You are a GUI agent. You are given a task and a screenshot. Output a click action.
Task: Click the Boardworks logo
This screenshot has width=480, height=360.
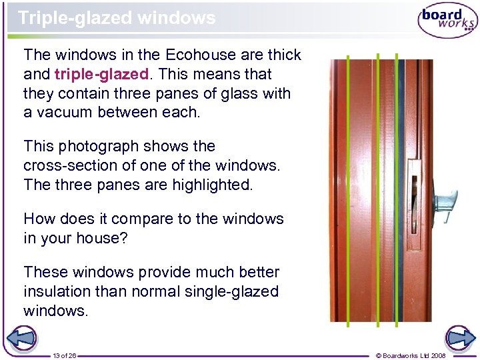coord(447,21)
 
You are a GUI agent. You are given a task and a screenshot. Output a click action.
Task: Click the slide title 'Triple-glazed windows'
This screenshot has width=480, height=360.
coord(117,18)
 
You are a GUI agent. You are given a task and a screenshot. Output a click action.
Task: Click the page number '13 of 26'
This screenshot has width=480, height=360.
coord(65,355)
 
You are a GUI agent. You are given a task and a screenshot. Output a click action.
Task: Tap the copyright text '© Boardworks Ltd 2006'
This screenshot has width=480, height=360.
coord(420,355)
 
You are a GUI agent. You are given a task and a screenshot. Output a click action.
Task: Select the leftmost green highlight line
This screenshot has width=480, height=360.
coord(347,193)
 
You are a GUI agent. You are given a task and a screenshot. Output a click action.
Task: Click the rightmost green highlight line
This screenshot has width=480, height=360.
coord(396,193)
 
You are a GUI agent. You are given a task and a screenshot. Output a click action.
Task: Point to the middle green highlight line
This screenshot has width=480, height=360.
coord(377,193)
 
